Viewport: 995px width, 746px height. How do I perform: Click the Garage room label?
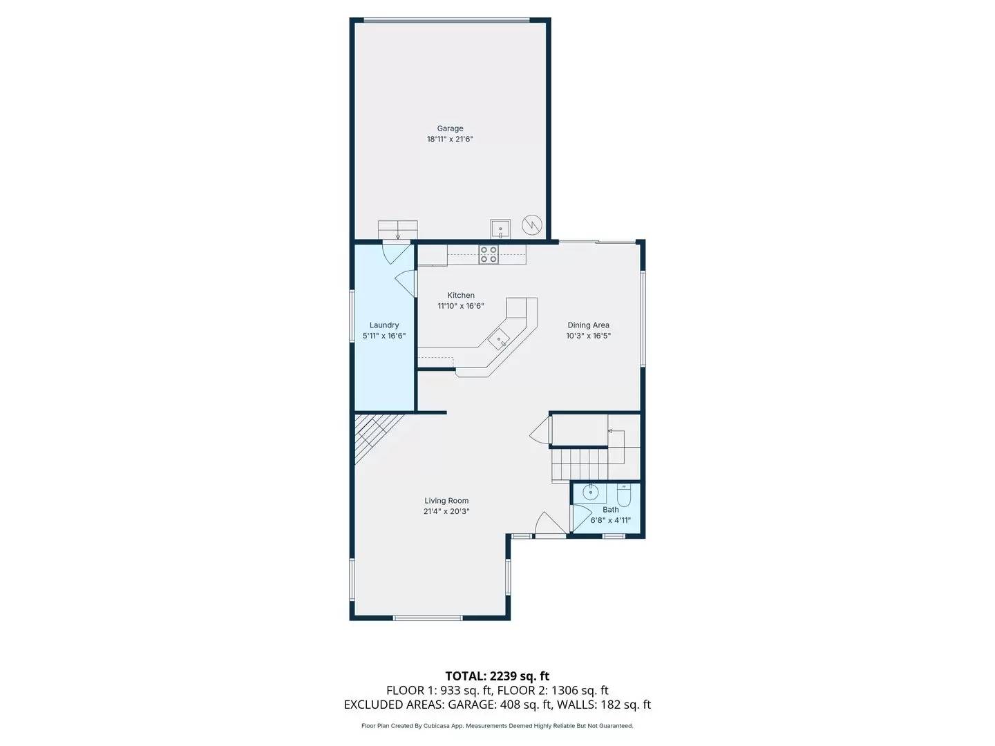click(450, 128)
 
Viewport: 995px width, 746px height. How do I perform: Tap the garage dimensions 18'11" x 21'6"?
click(450, 139)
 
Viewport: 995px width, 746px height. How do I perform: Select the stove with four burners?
click(489, 254)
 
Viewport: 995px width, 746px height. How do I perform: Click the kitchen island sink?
click(499, 339)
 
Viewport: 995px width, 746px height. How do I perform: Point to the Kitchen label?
click(461, 296)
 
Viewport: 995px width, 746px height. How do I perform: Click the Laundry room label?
click(384, 325)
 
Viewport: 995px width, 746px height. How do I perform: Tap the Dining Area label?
click(588, 325)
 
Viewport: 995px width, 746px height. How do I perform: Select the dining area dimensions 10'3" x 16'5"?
click(588, 336)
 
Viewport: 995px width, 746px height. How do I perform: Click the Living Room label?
click(446, 501)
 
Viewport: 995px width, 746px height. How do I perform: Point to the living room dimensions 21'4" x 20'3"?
click(446, 511)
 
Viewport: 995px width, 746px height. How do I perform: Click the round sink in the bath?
click(590, 493)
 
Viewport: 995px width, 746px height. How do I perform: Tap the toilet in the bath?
click(623, 495)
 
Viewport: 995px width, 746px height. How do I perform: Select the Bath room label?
click(611, 510)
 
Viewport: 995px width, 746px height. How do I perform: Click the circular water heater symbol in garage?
click(532, 224)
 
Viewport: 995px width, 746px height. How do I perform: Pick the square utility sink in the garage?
click(500, 228)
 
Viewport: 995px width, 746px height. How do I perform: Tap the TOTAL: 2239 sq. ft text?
click(497, 676)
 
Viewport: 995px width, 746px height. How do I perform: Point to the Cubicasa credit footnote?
click(497, 726)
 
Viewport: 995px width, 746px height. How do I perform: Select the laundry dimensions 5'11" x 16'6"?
click(384, 336)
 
